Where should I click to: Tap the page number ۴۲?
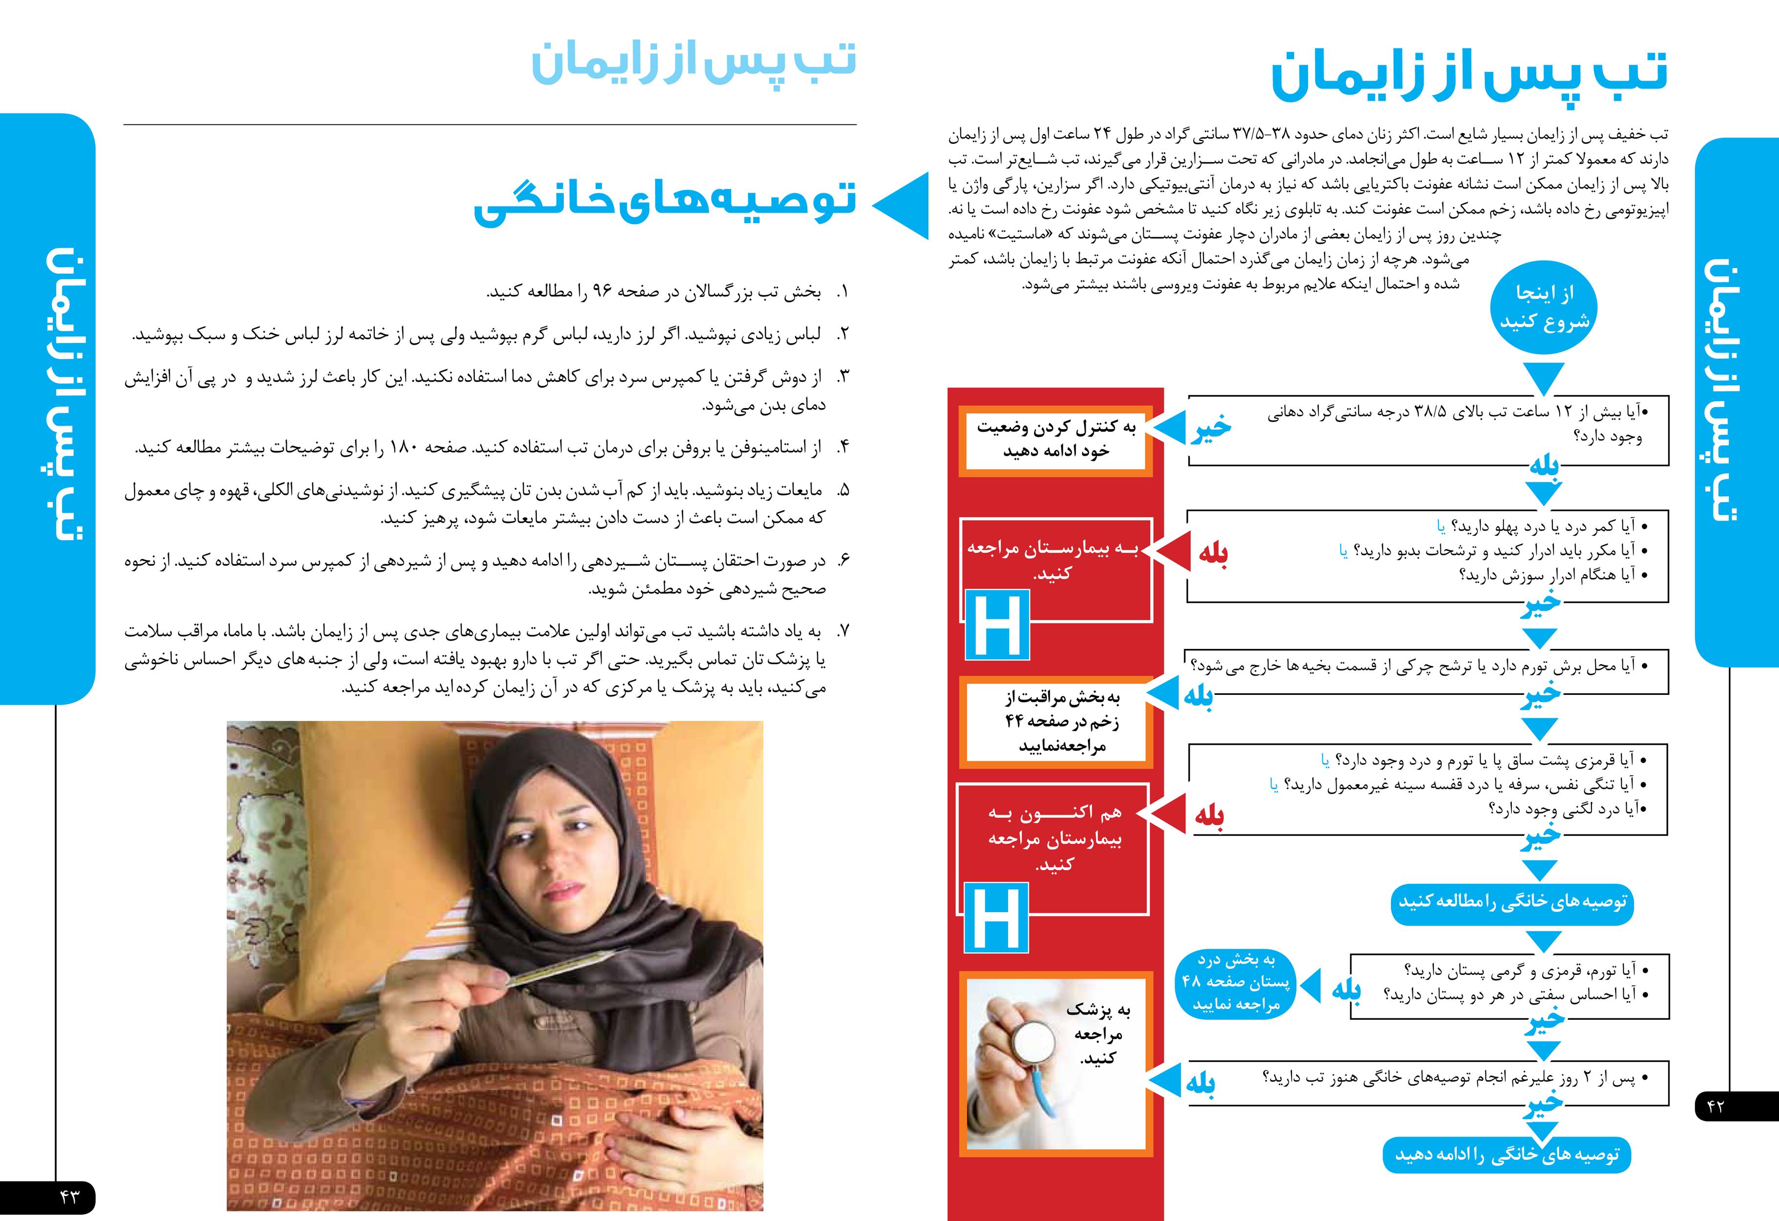[1715, 1106]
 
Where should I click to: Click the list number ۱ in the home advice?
[843, 293]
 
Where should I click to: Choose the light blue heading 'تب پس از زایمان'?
[693, 63]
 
